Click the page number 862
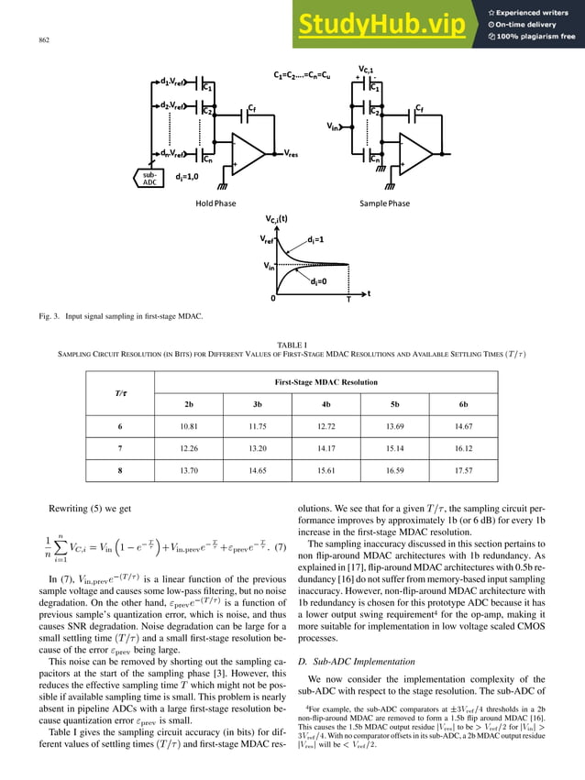tap(43, 40)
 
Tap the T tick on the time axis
tap(348, 300)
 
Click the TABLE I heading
tap(292, 337)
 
